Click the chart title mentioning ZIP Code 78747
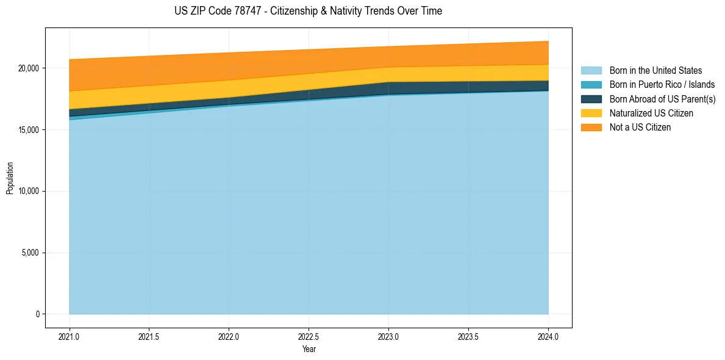tap(308, 11)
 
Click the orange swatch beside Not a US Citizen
tap(591, 128)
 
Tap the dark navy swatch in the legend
tap(591, 99)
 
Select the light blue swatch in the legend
tap(591, 71)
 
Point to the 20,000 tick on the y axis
tap(29, 68)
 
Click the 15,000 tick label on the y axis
tap(29, 130)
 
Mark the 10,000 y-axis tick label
tap(29, 191)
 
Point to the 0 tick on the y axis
tap(37, 314)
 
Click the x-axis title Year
tap(309, 350)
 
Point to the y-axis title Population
tap(10, 178)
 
